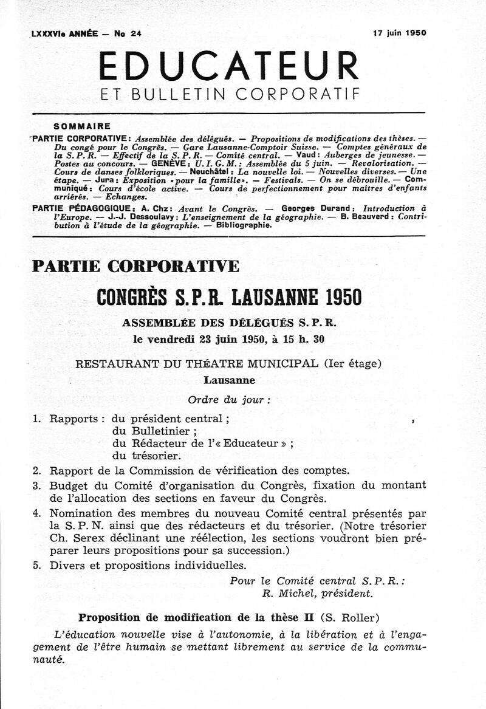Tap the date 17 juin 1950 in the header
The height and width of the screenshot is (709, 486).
coord(399,33)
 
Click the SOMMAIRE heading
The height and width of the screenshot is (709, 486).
coord(82,127)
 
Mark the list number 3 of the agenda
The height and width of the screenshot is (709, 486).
coord(36,485)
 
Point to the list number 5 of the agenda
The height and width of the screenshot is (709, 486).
coord(36,566)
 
